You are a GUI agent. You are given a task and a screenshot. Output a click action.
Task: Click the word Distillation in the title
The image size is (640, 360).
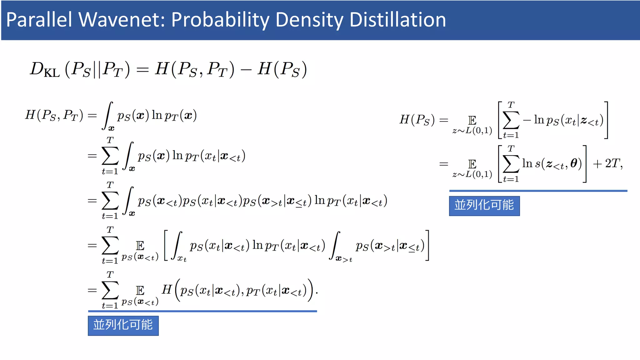[397, 20]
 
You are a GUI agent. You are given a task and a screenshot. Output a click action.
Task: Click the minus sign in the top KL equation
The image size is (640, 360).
[246, 69]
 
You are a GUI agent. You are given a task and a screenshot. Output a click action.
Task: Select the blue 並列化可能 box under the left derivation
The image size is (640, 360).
[123, 325]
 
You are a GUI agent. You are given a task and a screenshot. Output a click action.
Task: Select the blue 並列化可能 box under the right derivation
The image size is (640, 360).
[484, 206]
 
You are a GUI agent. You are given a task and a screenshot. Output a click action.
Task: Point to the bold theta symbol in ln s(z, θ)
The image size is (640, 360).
[574, 163]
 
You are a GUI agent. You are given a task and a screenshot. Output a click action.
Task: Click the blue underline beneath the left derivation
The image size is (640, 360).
[202, 311]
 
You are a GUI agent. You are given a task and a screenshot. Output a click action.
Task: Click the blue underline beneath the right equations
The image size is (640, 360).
[538, 190]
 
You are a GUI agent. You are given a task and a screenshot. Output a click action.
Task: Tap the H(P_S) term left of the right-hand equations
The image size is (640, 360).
[417, 120]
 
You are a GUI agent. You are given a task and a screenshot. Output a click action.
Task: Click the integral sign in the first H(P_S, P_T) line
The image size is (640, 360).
[107, 115]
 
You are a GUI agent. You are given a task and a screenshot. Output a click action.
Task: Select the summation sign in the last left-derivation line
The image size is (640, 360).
[110, 290]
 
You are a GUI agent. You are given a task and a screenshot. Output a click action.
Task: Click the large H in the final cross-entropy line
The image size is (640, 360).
[167, 289]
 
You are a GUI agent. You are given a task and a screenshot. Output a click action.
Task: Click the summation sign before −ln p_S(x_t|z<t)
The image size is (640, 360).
[511, 120]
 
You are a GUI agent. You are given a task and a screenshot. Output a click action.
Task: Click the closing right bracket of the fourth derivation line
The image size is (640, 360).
[427, 245]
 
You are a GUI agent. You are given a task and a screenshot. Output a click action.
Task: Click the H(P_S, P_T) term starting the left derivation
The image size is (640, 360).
[54, 115]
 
